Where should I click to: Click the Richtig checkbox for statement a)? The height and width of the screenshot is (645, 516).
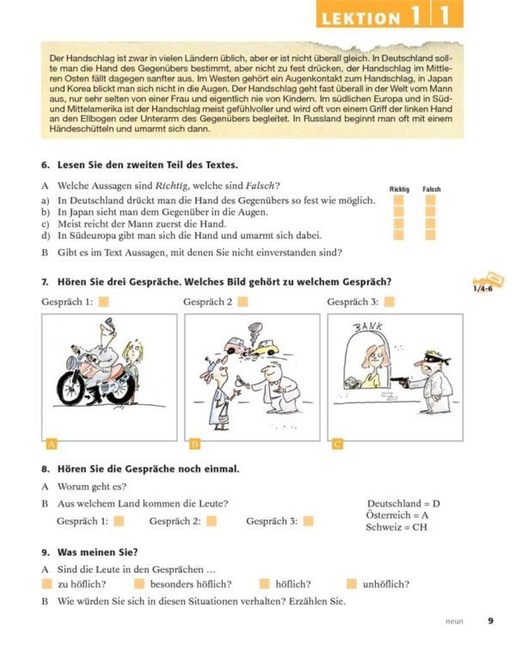point(399,200)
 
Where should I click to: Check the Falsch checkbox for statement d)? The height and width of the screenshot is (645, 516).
point(431,235)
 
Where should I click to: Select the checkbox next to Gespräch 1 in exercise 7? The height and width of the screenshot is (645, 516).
point(103,301)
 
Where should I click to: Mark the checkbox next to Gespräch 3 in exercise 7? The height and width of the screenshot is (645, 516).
point(389,301)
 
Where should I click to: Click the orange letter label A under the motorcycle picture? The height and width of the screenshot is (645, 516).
point(51,444)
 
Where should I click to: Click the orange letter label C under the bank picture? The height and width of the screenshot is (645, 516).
point(336,444)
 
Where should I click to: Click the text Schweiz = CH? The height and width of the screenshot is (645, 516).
point(396,527)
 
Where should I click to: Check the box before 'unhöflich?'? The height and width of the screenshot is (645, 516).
point(352,584)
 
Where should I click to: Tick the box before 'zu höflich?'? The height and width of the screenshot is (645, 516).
point(46,584)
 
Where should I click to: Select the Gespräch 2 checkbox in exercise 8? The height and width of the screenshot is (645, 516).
point(212,520)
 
